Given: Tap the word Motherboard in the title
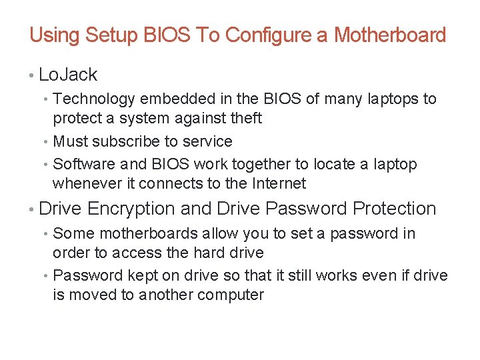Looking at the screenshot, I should (390, 35).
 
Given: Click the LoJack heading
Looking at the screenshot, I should (68, 75).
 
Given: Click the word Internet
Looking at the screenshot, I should (277, 183).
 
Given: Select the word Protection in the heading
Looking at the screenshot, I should (395, 209).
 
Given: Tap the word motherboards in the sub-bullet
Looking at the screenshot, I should (141, 233).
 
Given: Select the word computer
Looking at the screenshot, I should (230, 295).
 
